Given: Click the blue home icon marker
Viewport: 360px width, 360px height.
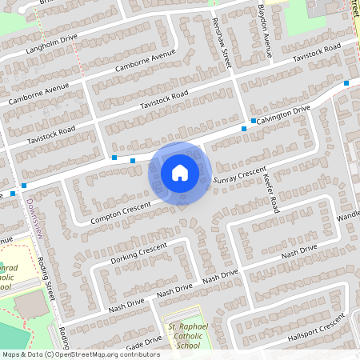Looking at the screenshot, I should (x=180, y=173).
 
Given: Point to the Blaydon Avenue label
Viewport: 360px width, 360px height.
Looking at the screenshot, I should (x=265, y=31).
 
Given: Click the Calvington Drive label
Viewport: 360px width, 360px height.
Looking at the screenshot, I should (x=284, y=114).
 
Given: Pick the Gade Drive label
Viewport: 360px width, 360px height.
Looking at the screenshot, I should (x=142, y=341).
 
